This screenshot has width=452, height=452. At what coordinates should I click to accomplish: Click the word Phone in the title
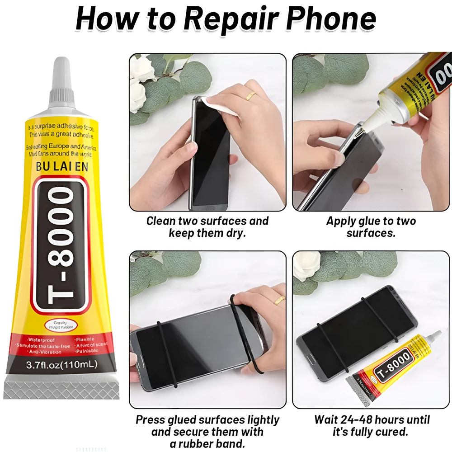pos(332,19)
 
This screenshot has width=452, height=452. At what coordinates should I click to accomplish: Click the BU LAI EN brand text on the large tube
pos(61,167)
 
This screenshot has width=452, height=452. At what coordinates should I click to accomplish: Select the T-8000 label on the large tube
pos(61,245)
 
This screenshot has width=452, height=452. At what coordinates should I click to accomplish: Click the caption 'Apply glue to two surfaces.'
pos(371,227)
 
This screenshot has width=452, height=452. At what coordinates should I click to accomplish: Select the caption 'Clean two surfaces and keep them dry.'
pos(207,227)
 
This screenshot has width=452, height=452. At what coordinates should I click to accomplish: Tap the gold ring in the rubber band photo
pos(280,299)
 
